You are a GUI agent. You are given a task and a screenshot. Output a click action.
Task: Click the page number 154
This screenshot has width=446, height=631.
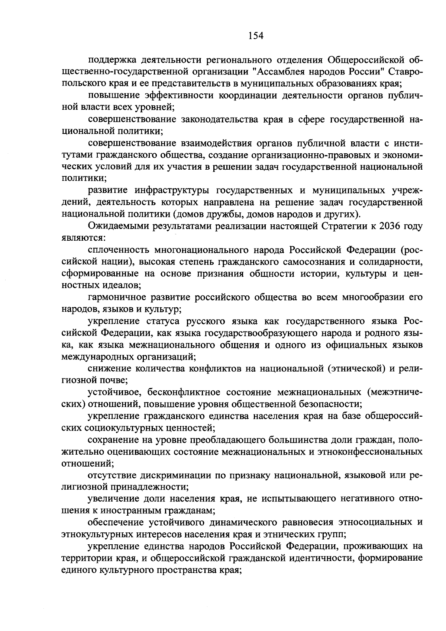pyautogui.click(x=255, y=36)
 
